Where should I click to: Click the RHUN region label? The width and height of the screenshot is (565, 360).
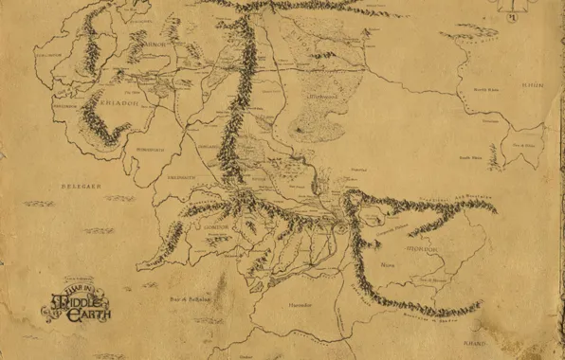(533, 84)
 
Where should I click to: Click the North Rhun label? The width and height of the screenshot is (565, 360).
(486, 90)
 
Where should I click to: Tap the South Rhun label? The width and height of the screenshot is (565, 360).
(471, 157)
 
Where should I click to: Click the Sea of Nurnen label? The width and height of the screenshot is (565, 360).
(432, 280)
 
